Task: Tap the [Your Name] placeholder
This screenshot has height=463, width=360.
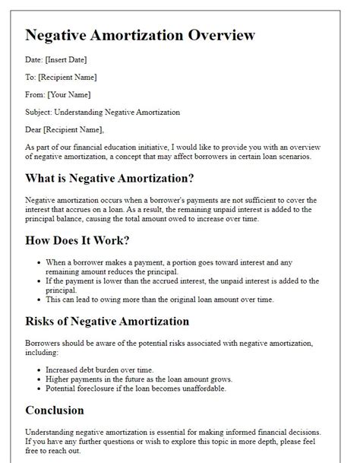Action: click(70, 94)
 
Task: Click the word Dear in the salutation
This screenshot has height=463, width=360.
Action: click(35, 129)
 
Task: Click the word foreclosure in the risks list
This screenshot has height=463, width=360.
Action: click(109, 388)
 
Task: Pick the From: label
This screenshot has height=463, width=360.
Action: click(36, 94)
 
